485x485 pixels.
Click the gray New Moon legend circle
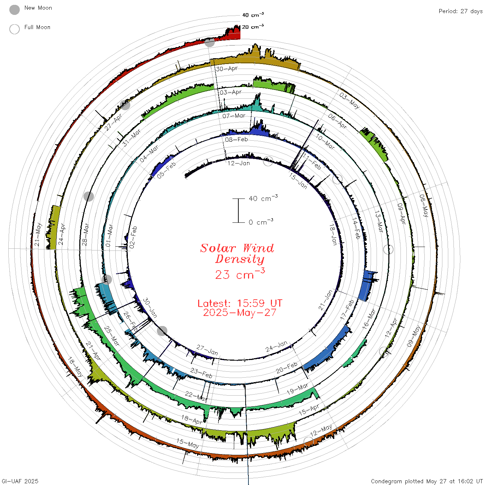point(15,10)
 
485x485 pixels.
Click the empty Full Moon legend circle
point(15,29)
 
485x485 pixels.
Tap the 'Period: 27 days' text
point(461,11)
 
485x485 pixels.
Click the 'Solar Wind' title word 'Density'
point(240,259)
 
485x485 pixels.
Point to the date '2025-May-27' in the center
point(240,312)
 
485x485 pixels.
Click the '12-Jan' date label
point(239,164)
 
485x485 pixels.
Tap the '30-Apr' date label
point(227,69)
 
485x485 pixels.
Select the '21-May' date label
point(38,234)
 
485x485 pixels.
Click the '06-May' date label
point(424,206)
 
